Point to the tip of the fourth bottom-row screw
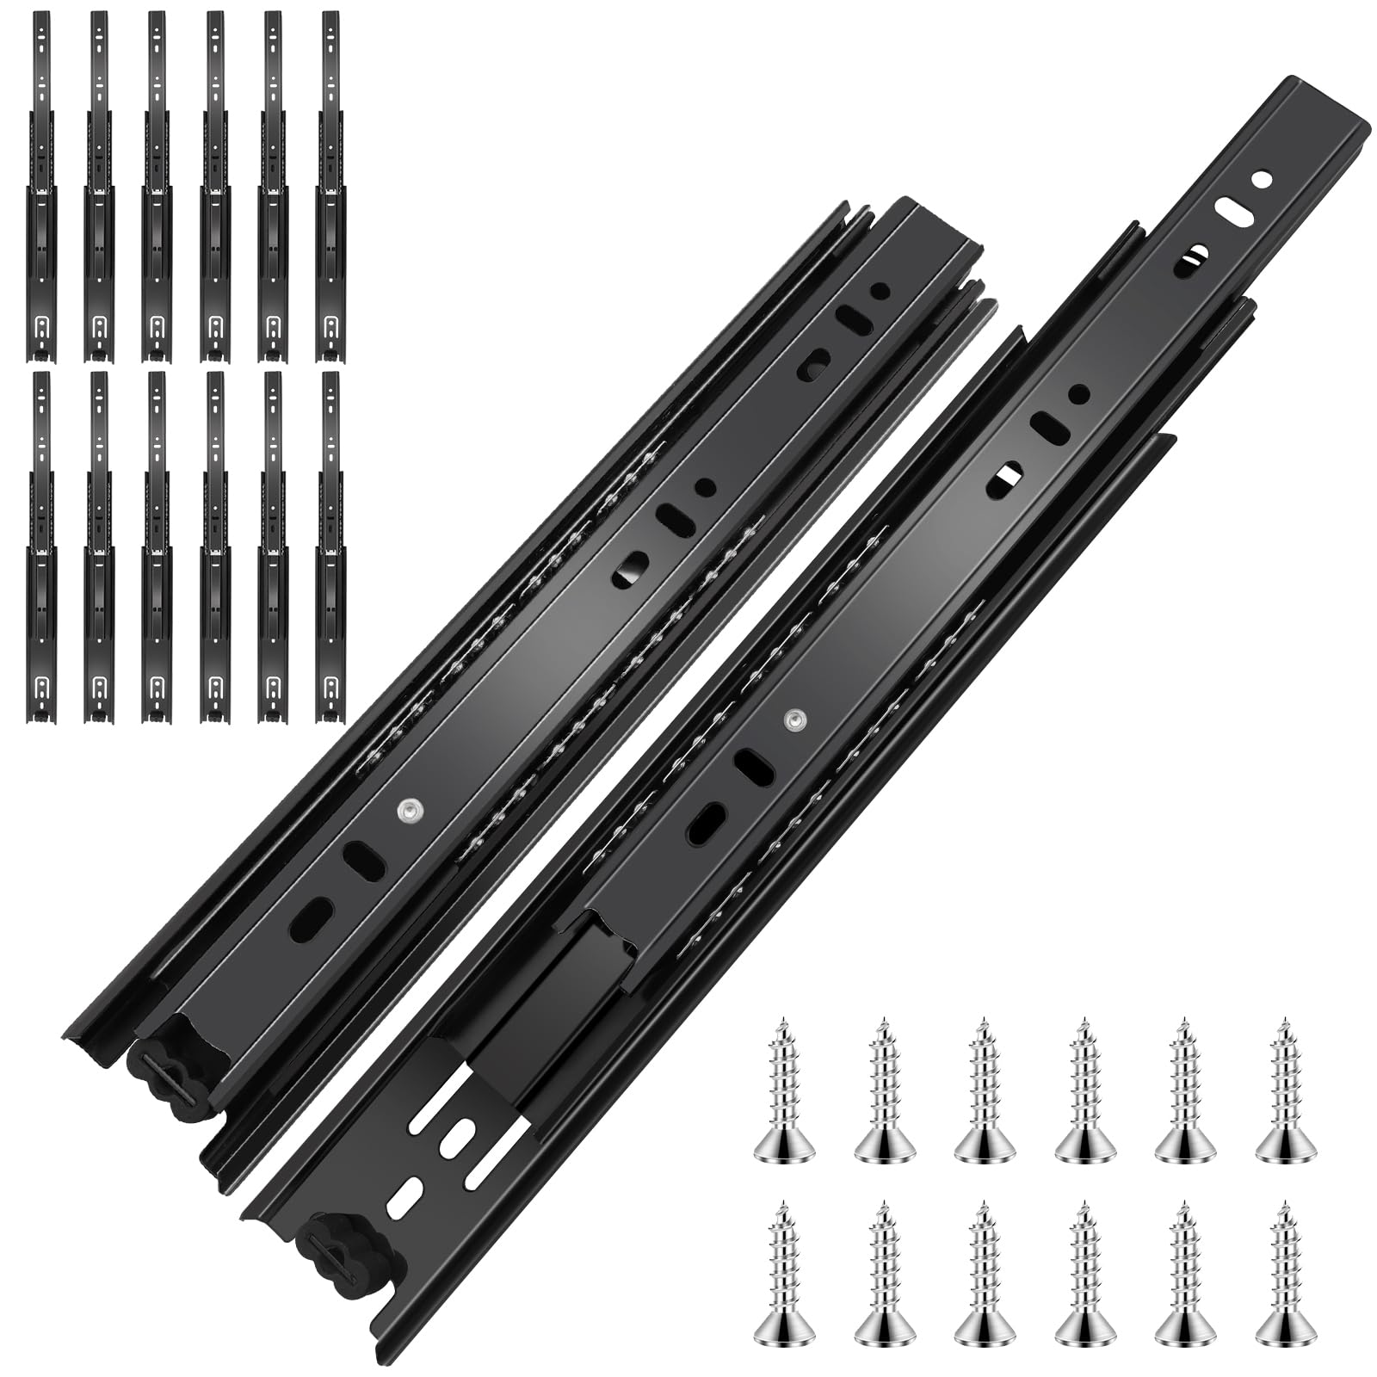1084,1205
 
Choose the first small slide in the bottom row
44,547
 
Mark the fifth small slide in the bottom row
273,547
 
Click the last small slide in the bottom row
330,547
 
